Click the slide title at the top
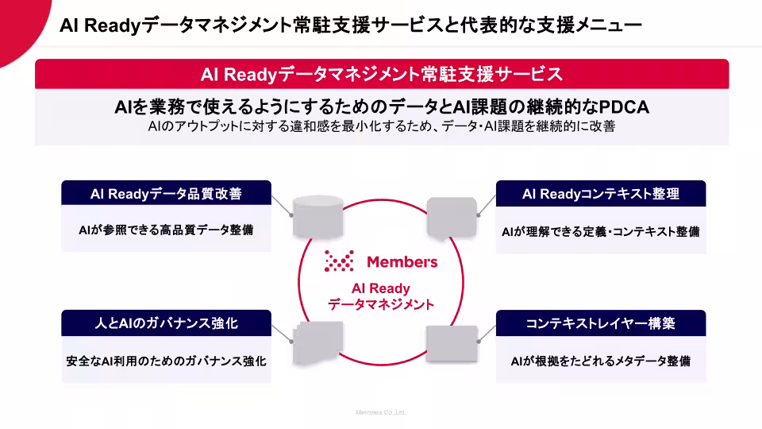[x=350, y=25]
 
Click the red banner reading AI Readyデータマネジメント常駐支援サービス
[x=382, y=74]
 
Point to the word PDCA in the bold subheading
[x=624, y=107]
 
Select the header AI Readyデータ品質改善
[x=166, y=194]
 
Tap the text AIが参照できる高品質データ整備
[x=166, y=230]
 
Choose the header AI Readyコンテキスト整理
[x=601, y=194]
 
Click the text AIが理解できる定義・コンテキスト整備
[x=601, y=231]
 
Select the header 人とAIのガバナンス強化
[x=166, y=323]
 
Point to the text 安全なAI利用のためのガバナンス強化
[x=166, y=361]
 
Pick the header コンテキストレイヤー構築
[x=601, y=323]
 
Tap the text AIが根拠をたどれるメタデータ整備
[x=601, y=361]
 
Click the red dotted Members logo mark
[x=339, y=261]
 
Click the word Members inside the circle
[x=402, y=261]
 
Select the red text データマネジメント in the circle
[x=381, y=304]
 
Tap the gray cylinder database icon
[x=317, y=217]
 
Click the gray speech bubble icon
[x=452, y=218]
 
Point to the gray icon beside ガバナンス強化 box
[x=317, y=342]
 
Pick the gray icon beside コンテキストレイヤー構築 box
[x=452, y=343]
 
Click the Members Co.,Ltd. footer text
[x=380, y=412]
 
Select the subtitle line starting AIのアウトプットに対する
[x=382, y=126]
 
